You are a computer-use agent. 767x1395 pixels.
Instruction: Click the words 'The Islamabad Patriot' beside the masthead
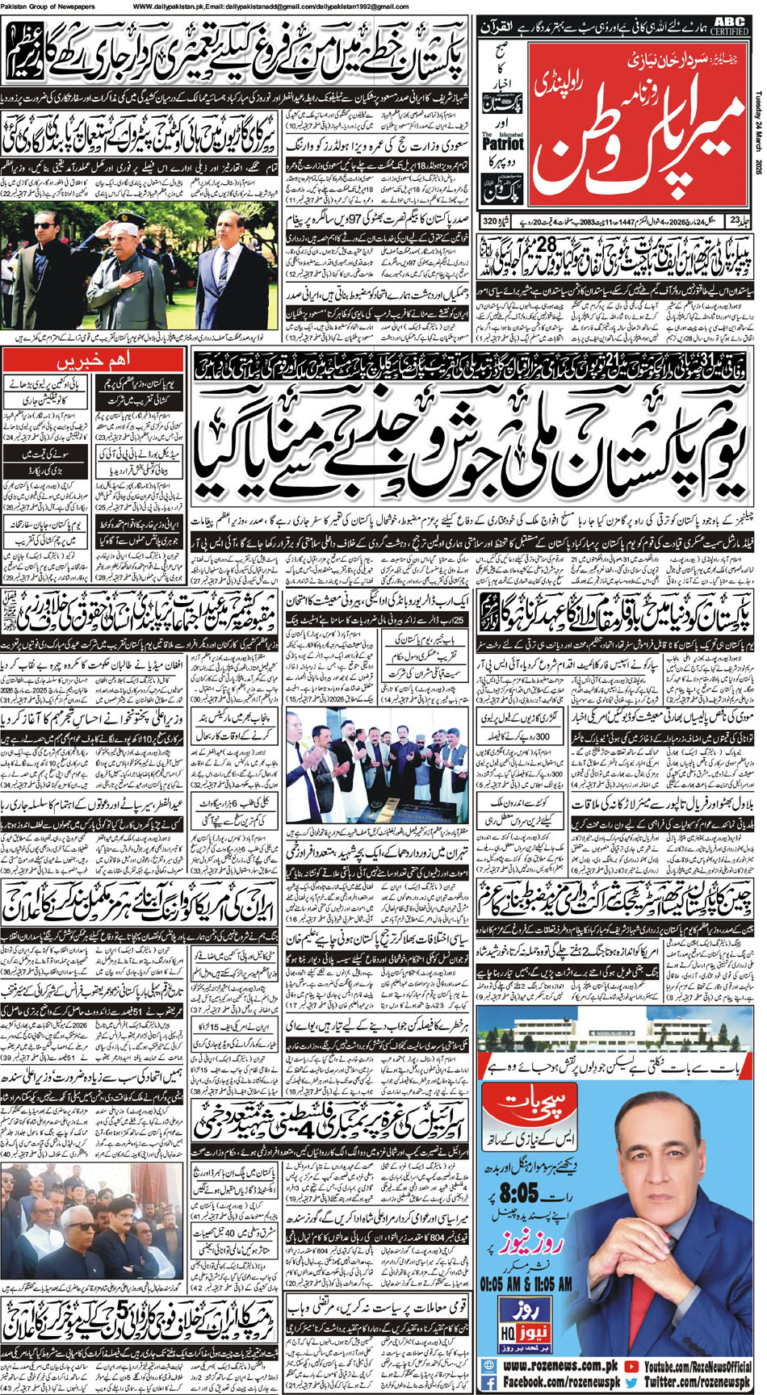coord(501,142)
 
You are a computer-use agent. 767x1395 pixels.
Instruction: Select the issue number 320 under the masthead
coord(489,221)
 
